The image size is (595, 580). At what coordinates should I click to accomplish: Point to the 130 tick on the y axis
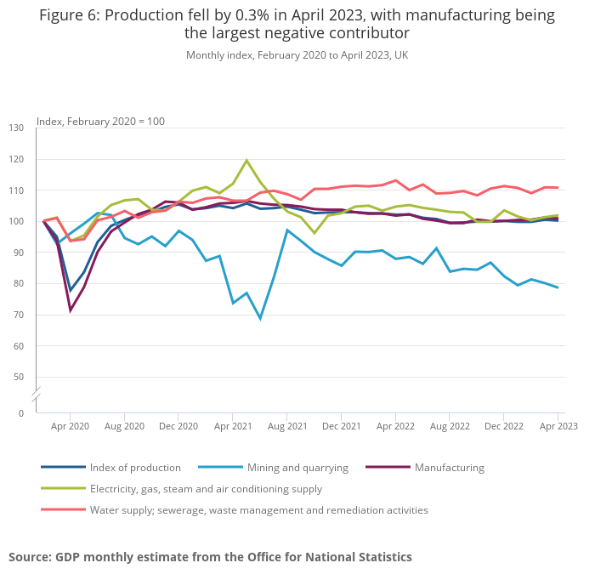(x=16, y=128)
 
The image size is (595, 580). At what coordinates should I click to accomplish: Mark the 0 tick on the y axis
(x=21, y=413)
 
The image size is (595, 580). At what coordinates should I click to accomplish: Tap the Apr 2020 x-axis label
(x=70, y=426)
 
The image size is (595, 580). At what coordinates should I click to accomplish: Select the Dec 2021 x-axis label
(x=341, y=426)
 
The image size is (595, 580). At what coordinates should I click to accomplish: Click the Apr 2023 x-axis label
(x=558, y=426)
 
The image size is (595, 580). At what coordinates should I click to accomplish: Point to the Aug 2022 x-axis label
(x=450, y=426)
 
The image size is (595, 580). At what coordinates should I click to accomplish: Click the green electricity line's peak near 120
(x=246, y=160)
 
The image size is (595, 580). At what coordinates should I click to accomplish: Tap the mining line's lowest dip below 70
(x=260, y=318)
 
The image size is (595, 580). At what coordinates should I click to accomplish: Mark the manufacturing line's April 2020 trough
(x=71, y=310)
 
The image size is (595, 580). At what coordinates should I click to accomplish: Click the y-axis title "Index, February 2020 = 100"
(x=100, y=121)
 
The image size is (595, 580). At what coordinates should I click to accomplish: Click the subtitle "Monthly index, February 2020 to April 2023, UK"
(x=297, y=54)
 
